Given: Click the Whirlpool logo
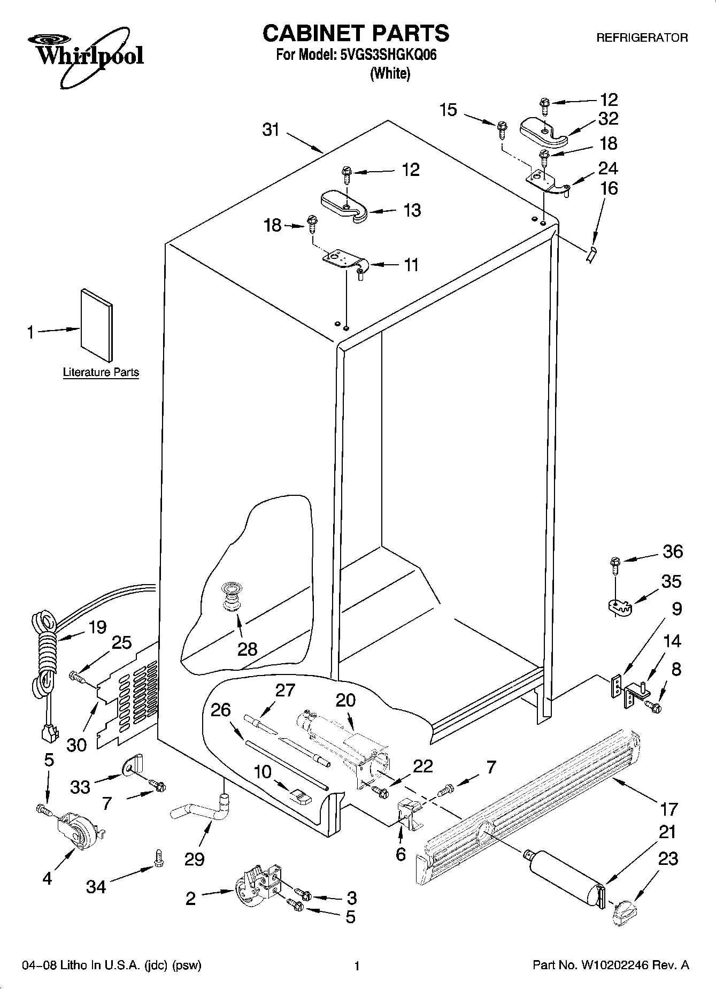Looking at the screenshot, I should [x=86, y=56].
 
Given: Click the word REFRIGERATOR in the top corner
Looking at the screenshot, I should [x=642, y=38].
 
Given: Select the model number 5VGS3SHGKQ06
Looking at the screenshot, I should [x=389, y=55].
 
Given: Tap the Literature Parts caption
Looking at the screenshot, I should [x=101, y=372].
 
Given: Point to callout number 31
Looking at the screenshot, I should [x=271, y=130].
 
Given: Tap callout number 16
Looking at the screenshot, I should [x=609, y=188].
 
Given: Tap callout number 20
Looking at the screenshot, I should [x=346, y=700].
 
